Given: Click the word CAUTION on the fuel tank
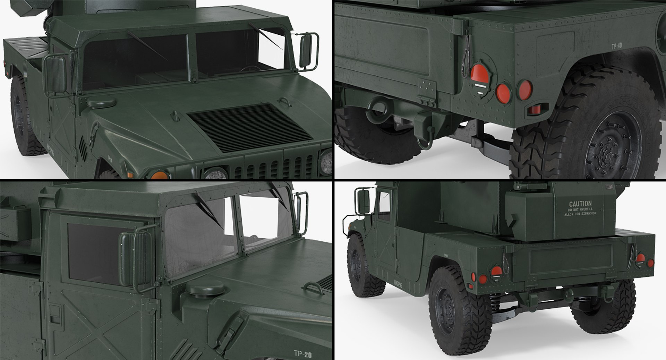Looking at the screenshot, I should click(580, 204).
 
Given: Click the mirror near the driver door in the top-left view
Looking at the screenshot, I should click(55, 75).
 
